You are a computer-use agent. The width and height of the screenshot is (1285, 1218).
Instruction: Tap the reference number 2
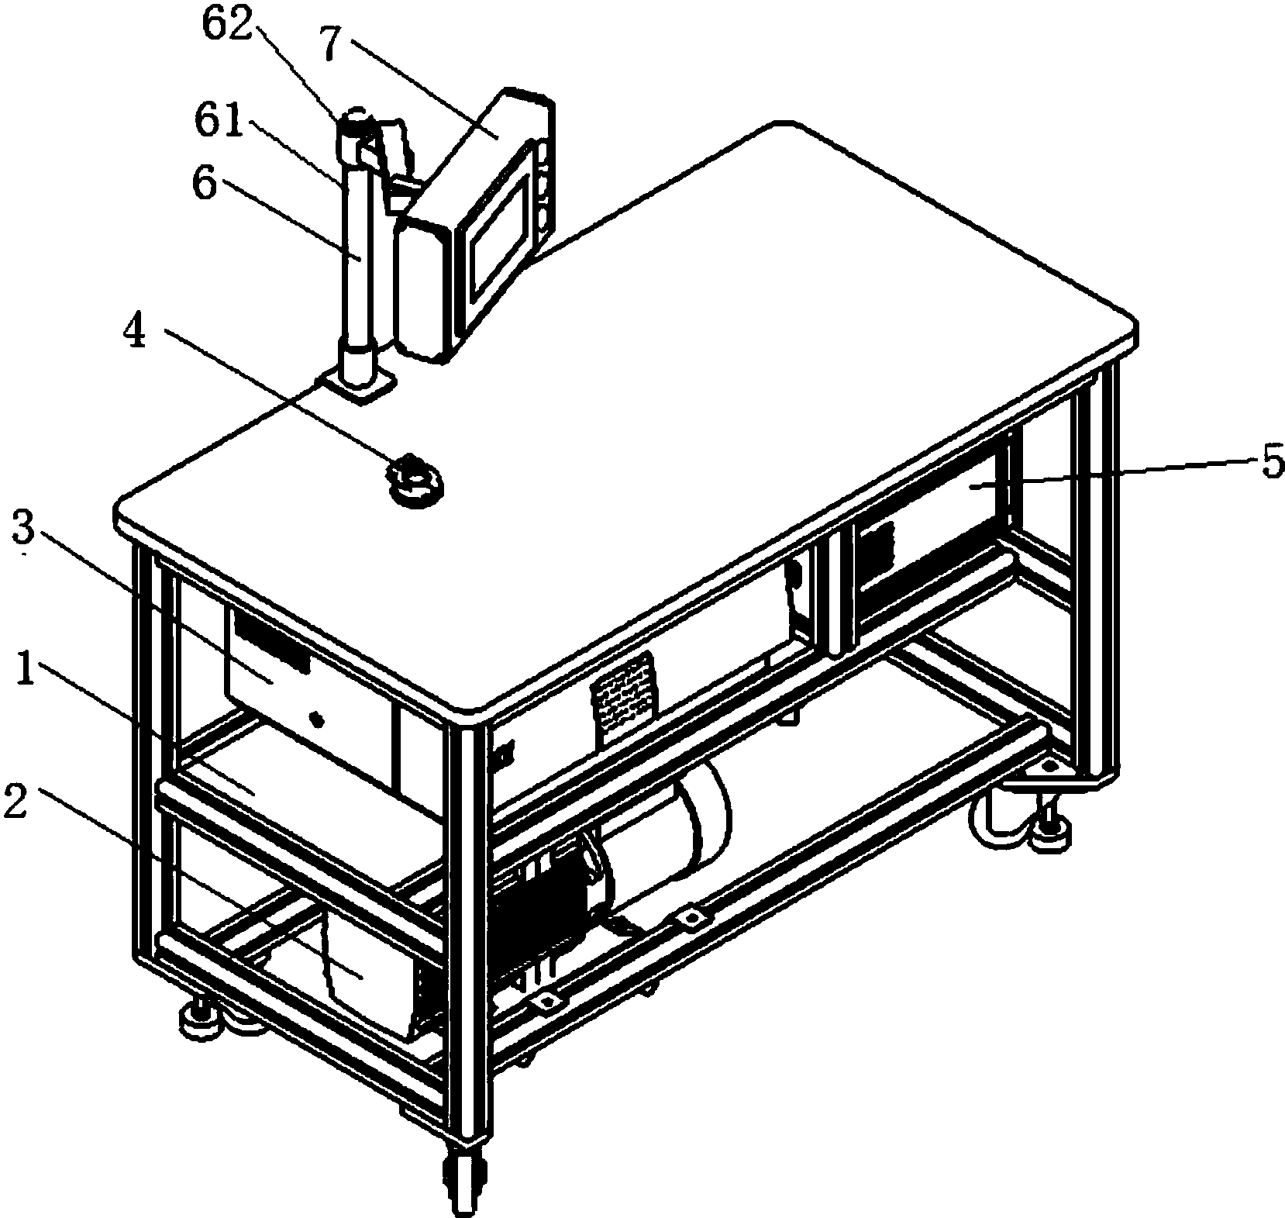coord(16,803)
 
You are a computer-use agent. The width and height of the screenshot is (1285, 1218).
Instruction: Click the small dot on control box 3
coord(316,719)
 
